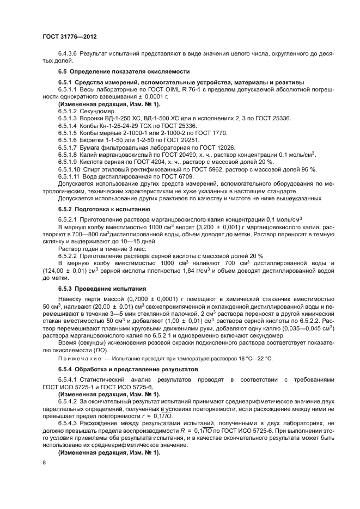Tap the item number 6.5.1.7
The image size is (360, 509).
(x=68, y=148)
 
